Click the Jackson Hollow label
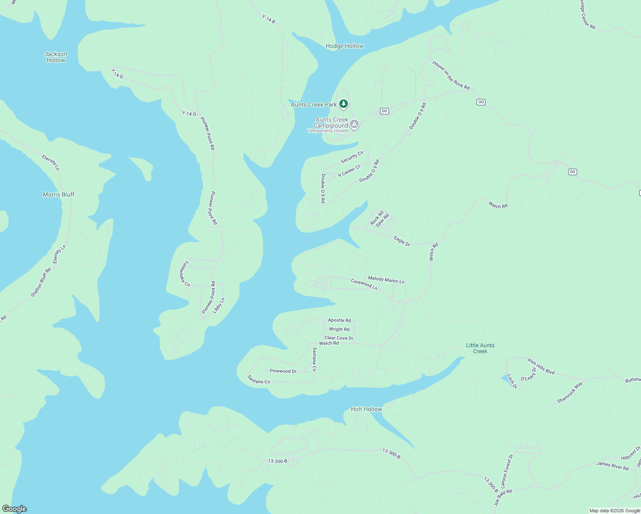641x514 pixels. click(x=56, y=57)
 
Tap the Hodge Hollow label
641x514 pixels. click(x=344, y=46)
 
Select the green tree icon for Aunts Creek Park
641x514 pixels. click(x=343, y=104)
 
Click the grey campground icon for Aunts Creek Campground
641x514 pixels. click(x=354, y=124)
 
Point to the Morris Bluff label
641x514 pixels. click(x=59, y=194)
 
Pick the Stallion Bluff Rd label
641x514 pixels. click(x=41, y=282)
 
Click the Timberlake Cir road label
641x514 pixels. click(x=184, y=274)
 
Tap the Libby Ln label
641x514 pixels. click(x=219, y=305)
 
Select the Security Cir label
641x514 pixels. click(x=352, y=157)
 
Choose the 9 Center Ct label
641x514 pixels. click(x=349, y=171)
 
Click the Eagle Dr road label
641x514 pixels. click(x=402, y=241)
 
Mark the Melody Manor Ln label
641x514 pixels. click(x=386, y=280)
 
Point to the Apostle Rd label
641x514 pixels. click(x=339, y=320)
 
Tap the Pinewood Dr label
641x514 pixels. click(x=283, y=371)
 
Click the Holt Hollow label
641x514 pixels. click(x=366, y=409)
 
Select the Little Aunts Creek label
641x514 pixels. click(x=480, y=348)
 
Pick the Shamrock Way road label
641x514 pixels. click(x=570, y=392)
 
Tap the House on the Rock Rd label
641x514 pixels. click(x=451, y=75)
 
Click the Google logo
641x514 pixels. click(x=15, y=509)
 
